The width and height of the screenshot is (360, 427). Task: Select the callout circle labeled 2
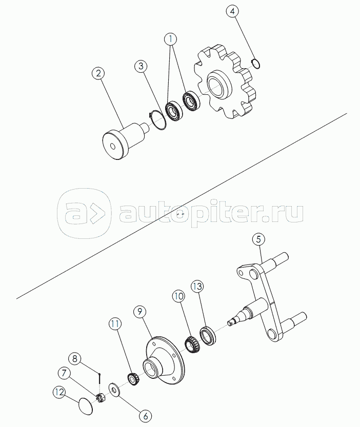point(98,73)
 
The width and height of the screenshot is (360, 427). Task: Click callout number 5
point(259,239)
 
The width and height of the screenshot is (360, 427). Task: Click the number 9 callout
point(139,311)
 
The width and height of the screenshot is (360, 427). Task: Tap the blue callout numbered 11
point(115,324)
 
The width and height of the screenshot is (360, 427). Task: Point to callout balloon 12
point(59,392)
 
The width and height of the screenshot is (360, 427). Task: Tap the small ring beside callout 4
point(256,64)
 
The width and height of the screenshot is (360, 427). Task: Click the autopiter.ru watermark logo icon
point(84,213)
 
